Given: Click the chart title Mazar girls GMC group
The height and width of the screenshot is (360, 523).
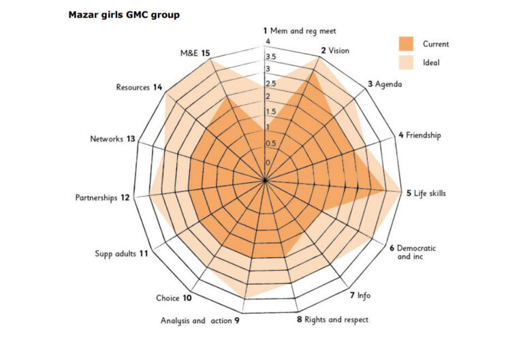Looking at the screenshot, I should (x=124, y=14).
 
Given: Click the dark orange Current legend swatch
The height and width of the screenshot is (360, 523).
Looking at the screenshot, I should (x=406, y=44).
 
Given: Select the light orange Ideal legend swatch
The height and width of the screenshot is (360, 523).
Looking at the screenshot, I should (x=406, y=63).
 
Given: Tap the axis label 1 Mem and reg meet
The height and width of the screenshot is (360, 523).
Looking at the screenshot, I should (x=299, y=31).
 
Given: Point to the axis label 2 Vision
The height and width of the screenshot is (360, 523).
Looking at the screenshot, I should (x=334, y=51).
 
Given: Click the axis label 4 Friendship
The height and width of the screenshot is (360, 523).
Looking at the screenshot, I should (x=419, y=135).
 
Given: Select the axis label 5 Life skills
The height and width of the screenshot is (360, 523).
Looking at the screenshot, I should (x=426, y=194).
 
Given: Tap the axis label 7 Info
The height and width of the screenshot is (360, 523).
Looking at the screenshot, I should (x=360, y=295).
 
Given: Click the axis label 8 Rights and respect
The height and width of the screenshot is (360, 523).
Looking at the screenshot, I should (x=332, y=319).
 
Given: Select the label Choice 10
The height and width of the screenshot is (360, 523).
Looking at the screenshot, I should (x=174, y=298).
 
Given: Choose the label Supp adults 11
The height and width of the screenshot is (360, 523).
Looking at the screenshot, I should (x=122, y=254).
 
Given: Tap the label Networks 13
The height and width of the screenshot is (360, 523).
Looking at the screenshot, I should (x=112, y=140).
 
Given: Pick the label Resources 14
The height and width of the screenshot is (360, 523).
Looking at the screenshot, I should (x=139, y=87).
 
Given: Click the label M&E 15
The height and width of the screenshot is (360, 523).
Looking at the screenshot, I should (x=195, y=53).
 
